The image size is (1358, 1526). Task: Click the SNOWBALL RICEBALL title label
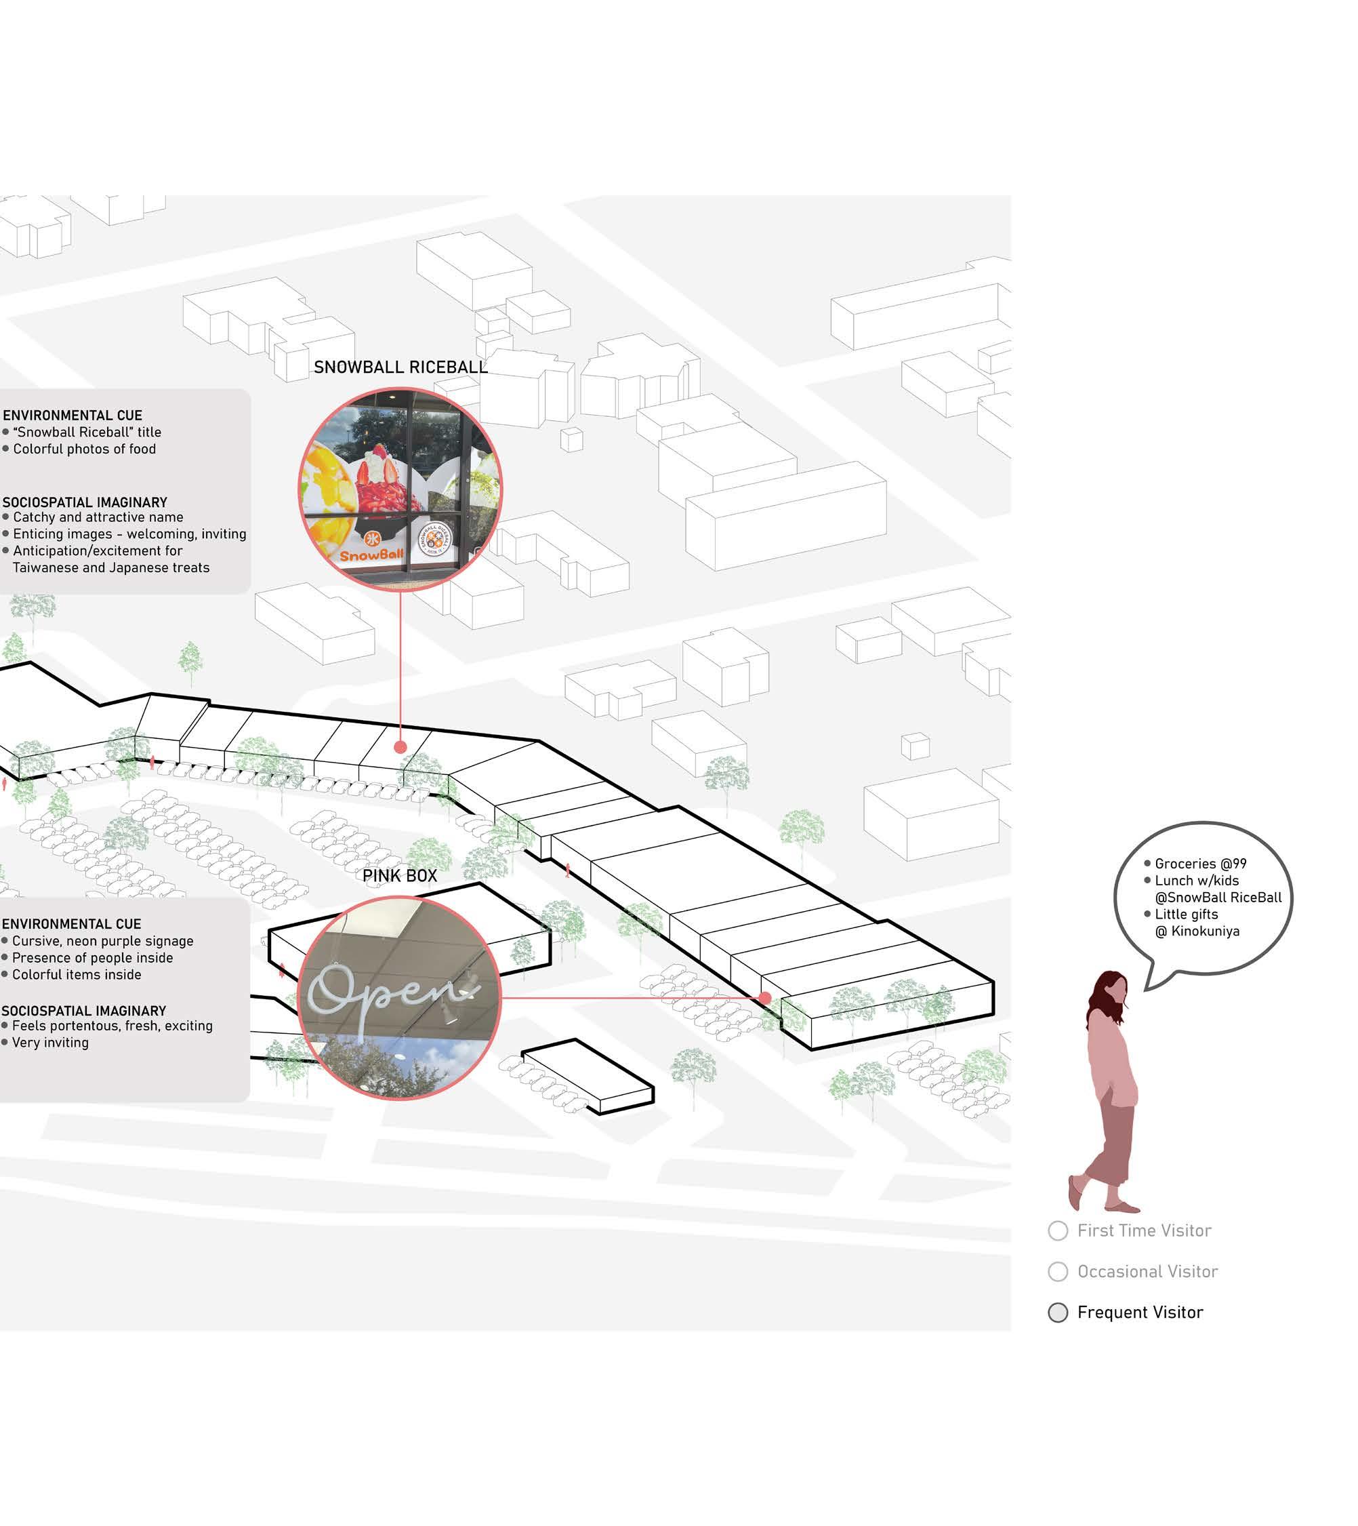tap(400, 367)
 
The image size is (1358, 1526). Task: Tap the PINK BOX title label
tap(399, 876)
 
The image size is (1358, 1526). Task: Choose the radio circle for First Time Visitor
tap(1057, 1230)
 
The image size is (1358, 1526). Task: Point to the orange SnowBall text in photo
tap(371, 555)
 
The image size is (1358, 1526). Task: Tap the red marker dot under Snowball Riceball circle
tap(400, 746)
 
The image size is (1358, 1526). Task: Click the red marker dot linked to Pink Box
tap(765, 997)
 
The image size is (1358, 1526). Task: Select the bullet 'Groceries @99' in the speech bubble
tap(1200, 864)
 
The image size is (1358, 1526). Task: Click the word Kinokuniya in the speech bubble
tap(1205, 931)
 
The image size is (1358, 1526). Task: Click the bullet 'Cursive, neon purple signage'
tap(102, 942)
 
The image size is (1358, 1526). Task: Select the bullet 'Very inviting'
tap(50, 1042)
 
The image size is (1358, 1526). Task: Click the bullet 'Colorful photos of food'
tap(84, 449)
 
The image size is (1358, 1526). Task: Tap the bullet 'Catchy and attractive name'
tap(98, 517)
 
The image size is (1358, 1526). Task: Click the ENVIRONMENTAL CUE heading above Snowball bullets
tap(73, 415)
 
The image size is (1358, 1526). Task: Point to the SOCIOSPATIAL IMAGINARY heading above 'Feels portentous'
tap(83, 1011)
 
